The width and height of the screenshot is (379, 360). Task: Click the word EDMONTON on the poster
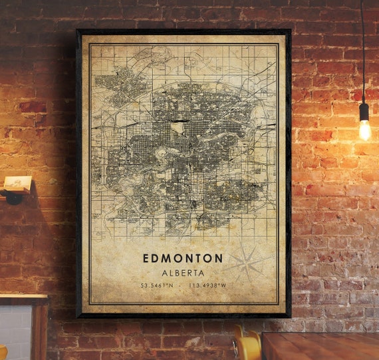[x=182, y=258]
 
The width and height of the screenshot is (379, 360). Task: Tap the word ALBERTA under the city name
[x=182, y=273]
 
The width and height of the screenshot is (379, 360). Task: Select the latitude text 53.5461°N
[x=157, y=287]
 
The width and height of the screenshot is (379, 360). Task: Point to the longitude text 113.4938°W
[x=208, y=287]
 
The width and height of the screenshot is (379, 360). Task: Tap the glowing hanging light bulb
[x=364, y=130]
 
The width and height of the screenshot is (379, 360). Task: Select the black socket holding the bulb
[x=364, y=112]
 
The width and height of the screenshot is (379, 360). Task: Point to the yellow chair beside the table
[x=247, y=345]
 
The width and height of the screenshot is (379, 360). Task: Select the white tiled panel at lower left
[x=15, y=333]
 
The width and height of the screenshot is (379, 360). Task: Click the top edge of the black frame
[x=183, y=31]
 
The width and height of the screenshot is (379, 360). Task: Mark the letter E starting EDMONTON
[x=145, y=258]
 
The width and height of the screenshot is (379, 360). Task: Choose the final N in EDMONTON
[x=219, y=258]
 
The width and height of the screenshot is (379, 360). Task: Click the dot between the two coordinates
[x=182, y=287]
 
